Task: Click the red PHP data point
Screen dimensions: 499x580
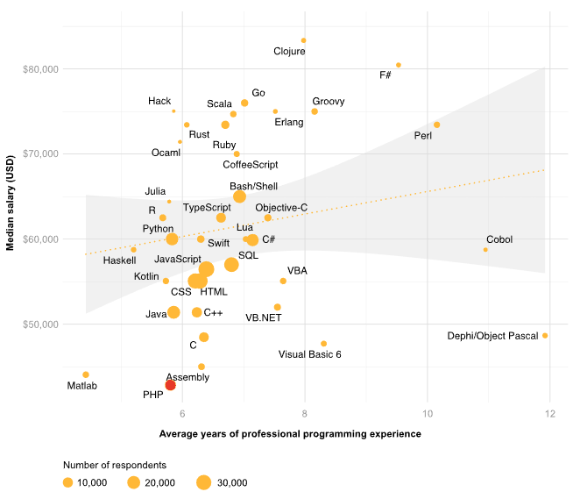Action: click(x=170, y=385)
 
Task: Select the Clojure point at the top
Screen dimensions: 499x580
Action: click(x=304, y=40)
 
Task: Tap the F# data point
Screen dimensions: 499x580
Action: click(x=399, y=65)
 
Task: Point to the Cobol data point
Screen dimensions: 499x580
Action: click(x=485, y=250)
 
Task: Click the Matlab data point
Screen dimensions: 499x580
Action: click(x=86, y=374)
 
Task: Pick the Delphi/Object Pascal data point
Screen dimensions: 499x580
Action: click(x=545, y=336)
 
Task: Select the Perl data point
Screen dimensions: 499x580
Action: click(x=437, y=125)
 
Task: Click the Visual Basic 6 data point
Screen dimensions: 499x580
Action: click(x=324, y=344)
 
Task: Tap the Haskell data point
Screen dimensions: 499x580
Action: click(x=134, y=250)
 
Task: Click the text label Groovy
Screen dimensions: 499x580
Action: click(x=329, y=102)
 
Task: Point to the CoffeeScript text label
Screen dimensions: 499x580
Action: click(x=251, y=164)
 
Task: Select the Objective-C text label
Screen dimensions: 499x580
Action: click(x=281, y=207)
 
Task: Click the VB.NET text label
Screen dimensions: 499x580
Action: click(x=264, y=317)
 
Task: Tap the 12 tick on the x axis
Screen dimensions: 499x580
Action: click(x=549, y=415)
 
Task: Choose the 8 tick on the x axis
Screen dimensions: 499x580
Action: click(x=304, y=415)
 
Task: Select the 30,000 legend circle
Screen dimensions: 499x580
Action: click(x=204, y=481)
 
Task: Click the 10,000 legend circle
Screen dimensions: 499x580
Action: click(x=67, y=481)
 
